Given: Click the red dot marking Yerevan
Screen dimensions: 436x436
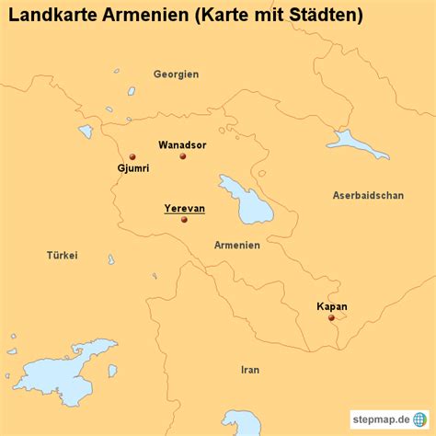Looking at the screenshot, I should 184,220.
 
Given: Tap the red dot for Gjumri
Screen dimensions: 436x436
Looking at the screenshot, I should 132,156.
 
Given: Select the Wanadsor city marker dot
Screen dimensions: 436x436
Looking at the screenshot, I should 182,156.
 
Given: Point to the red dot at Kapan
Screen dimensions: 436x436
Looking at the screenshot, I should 331,318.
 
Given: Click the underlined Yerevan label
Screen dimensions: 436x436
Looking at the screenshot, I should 184,208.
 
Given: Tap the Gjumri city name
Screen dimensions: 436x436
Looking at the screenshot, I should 133,169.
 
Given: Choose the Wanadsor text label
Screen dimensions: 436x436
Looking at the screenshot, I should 182,144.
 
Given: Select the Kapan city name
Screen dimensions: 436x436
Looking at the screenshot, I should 331,306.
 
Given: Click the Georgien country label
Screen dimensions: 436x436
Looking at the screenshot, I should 176,74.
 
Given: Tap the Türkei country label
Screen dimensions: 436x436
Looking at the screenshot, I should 63,255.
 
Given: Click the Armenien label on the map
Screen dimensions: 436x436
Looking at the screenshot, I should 236,246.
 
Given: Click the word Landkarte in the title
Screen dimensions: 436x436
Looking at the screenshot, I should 46,16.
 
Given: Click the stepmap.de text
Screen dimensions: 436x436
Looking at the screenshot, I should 378,420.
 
